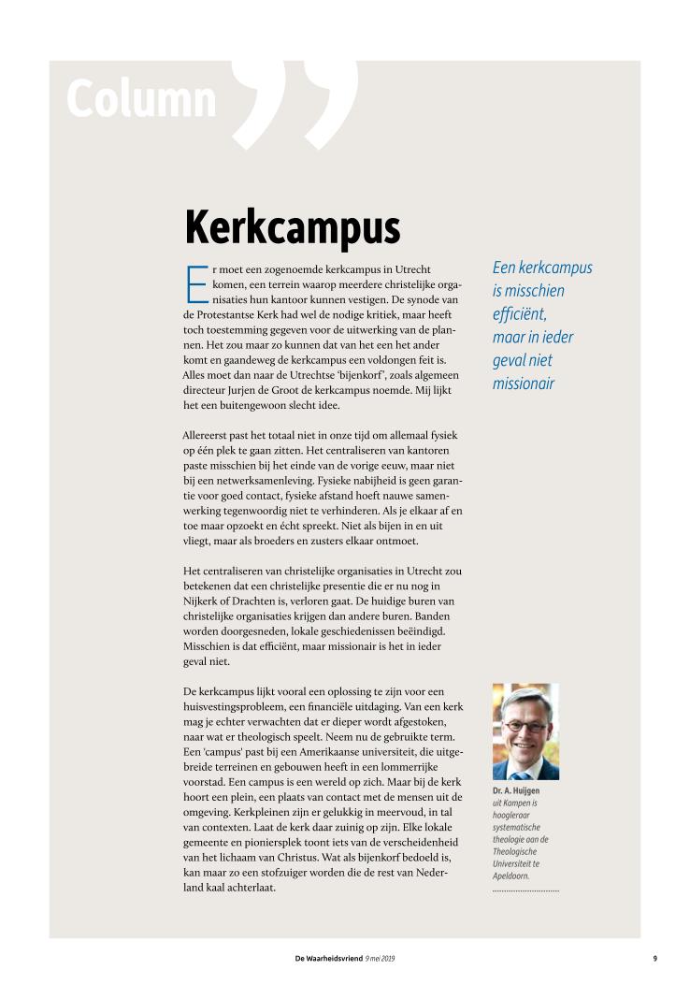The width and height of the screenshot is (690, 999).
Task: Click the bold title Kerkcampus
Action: click(x=292, y=226)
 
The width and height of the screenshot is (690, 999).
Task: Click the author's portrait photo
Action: click(x=525, y=731)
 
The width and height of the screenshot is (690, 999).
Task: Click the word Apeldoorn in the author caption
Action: click(x=511, y=876)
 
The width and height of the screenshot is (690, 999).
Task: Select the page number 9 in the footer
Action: click(x=654, y=958)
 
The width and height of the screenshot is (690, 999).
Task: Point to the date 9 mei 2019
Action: click(x=381, y=958)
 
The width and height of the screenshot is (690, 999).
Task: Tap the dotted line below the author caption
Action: click(x=525, y=890)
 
